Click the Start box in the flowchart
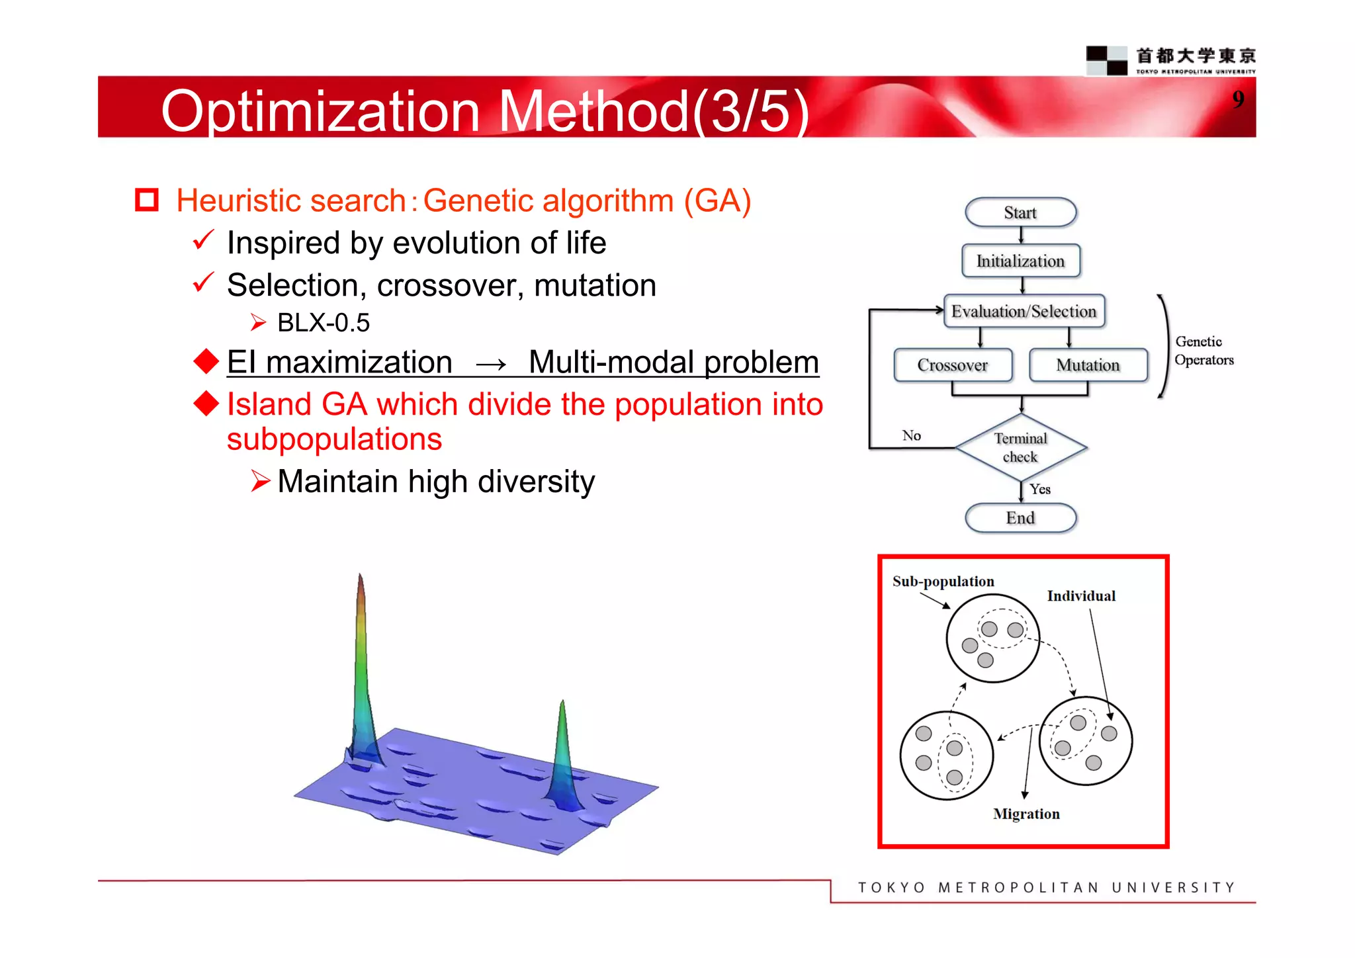coord(1020,212)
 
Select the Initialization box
coord(1020,261)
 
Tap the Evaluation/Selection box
coord(1024,311)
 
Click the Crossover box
coord(953,365)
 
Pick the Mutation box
coord(1088,365)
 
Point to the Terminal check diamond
coord(1021,448)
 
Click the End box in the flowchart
coord(1020,518)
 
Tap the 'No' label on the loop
coord(911,435)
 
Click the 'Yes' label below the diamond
coord(1040,489)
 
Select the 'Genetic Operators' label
coord(1203,351)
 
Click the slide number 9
coord(1238,99)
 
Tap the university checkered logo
coord(1106,60)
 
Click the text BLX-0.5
coord(323,323)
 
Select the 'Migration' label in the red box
coord(1026,814)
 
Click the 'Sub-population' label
coord(943,582)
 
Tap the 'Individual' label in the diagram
coord(1081,596)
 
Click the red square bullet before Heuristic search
coord(147,200)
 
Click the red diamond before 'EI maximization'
coord(206,361)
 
